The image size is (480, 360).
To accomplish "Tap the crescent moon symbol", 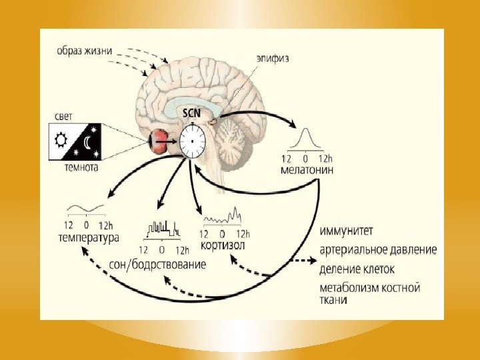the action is pos(89,141).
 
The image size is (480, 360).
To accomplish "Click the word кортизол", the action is pos(223,245).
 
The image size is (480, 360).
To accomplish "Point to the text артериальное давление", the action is pos(378,251).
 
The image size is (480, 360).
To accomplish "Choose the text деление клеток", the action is pos(357,269).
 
